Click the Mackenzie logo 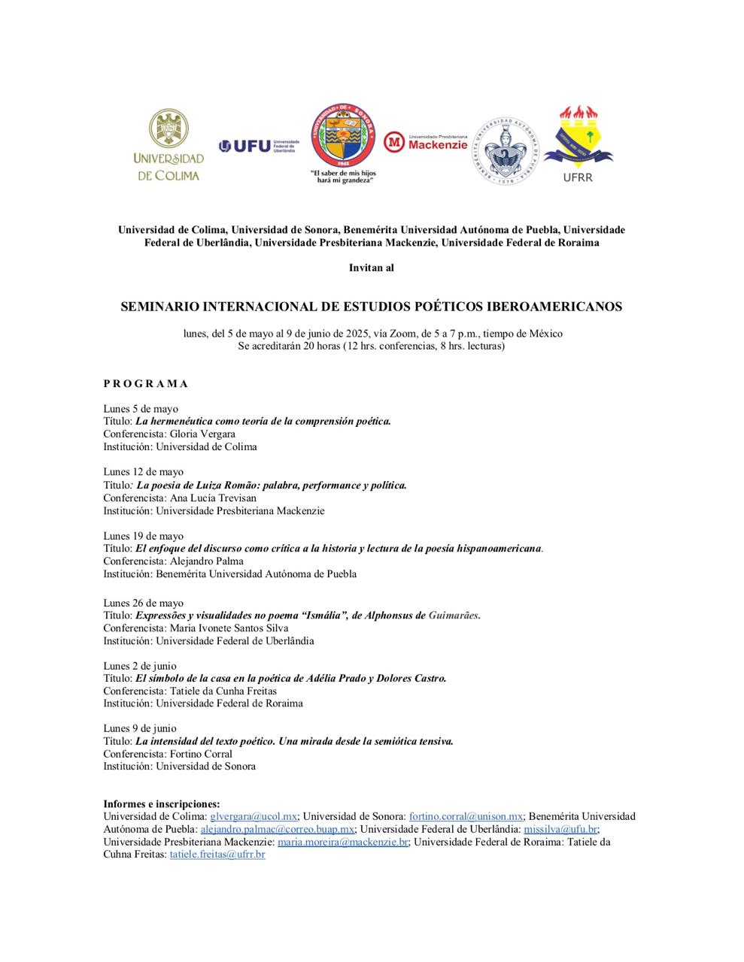click(x=426, y=141)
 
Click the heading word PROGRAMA click(x=146, y=383)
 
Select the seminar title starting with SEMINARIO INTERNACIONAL click(x=372, y=307)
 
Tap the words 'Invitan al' click(x=372, y=268)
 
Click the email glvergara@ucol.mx click(x=254, y=816)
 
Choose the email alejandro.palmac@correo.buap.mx click(x=278, y=829)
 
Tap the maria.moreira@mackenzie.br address click(x=343, y=842)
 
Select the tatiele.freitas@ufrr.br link click(x=217, y=855)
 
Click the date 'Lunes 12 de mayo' click(x=143, y=472)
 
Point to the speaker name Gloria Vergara click(x=202, y=434)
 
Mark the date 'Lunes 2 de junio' click(x=140, y=666)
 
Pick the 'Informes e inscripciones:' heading click(x=162, y=803)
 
